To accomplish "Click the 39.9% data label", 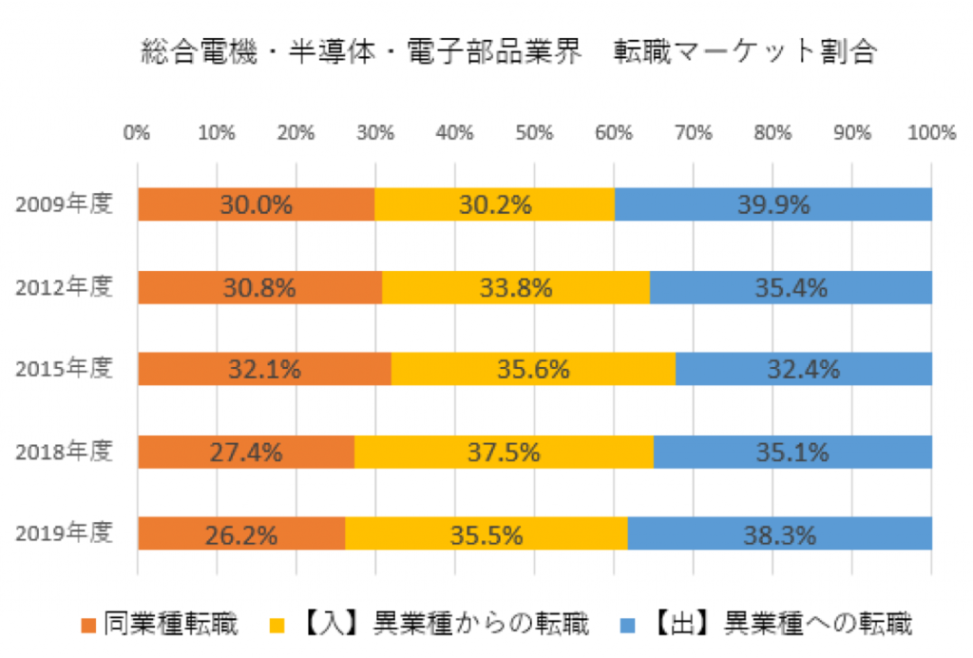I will [773, 204].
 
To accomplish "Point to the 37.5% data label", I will [504, 452].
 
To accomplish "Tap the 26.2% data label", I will [241, 534].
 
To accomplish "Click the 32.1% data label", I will [264, 369].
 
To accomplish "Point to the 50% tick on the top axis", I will [534, 133].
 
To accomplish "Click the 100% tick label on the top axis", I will [930, 133].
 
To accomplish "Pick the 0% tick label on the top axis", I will [138, 133].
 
